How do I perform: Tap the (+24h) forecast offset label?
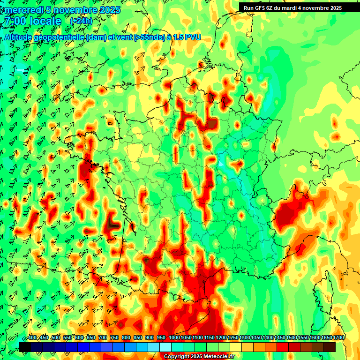pyautogui.click(x=81, y=21)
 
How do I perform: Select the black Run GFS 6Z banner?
pyautogui.click(x=292, y=7)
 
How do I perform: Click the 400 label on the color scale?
pyautogui.click(x=32, y=337)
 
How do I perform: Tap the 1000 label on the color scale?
pyautogui.click(x=174, y=337)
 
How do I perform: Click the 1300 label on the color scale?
pyautogui.click(x=245, y=337)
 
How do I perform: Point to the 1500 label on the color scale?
pyautogui.click(x=292, y=337)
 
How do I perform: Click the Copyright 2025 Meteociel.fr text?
pyautogui.click(x=199, y=356)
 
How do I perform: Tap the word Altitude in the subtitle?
pyautogui.click(x=18, y=37)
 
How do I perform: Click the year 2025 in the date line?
pyautogui.click(x=110, y=10)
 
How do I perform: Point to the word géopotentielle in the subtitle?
pyautogui.click(x=60, y=37)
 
